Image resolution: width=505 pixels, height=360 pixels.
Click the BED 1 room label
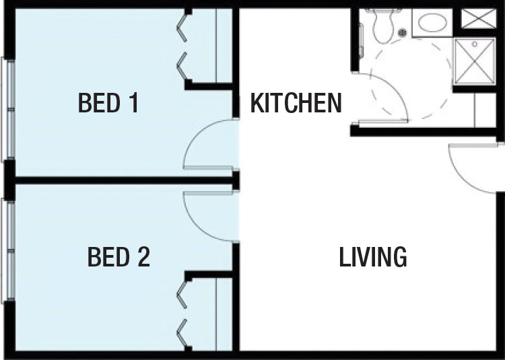coord(108,102)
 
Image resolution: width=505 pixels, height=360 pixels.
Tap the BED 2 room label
coord(119,256)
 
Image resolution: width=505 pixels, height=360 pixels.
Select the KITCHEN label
coord(296,103)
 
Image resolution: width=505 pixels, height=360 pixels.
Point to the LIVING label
coord(373,257)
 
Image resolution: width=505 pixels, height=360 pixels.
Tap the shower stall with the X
coord(474,61)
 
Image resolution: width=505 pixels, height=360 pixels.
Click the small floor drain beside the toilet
coord(402,32)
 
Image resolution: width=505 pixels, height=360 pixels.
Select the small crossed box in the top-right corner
coord(478,18)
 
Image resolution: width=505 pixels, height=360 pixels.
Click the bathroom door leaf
coord(382,121)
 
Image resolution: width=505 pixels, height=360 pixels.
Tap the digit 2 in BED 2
coord(143,256)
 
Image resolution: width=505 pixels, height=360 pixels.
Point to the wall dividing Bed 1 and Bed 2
coord(124,180)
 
